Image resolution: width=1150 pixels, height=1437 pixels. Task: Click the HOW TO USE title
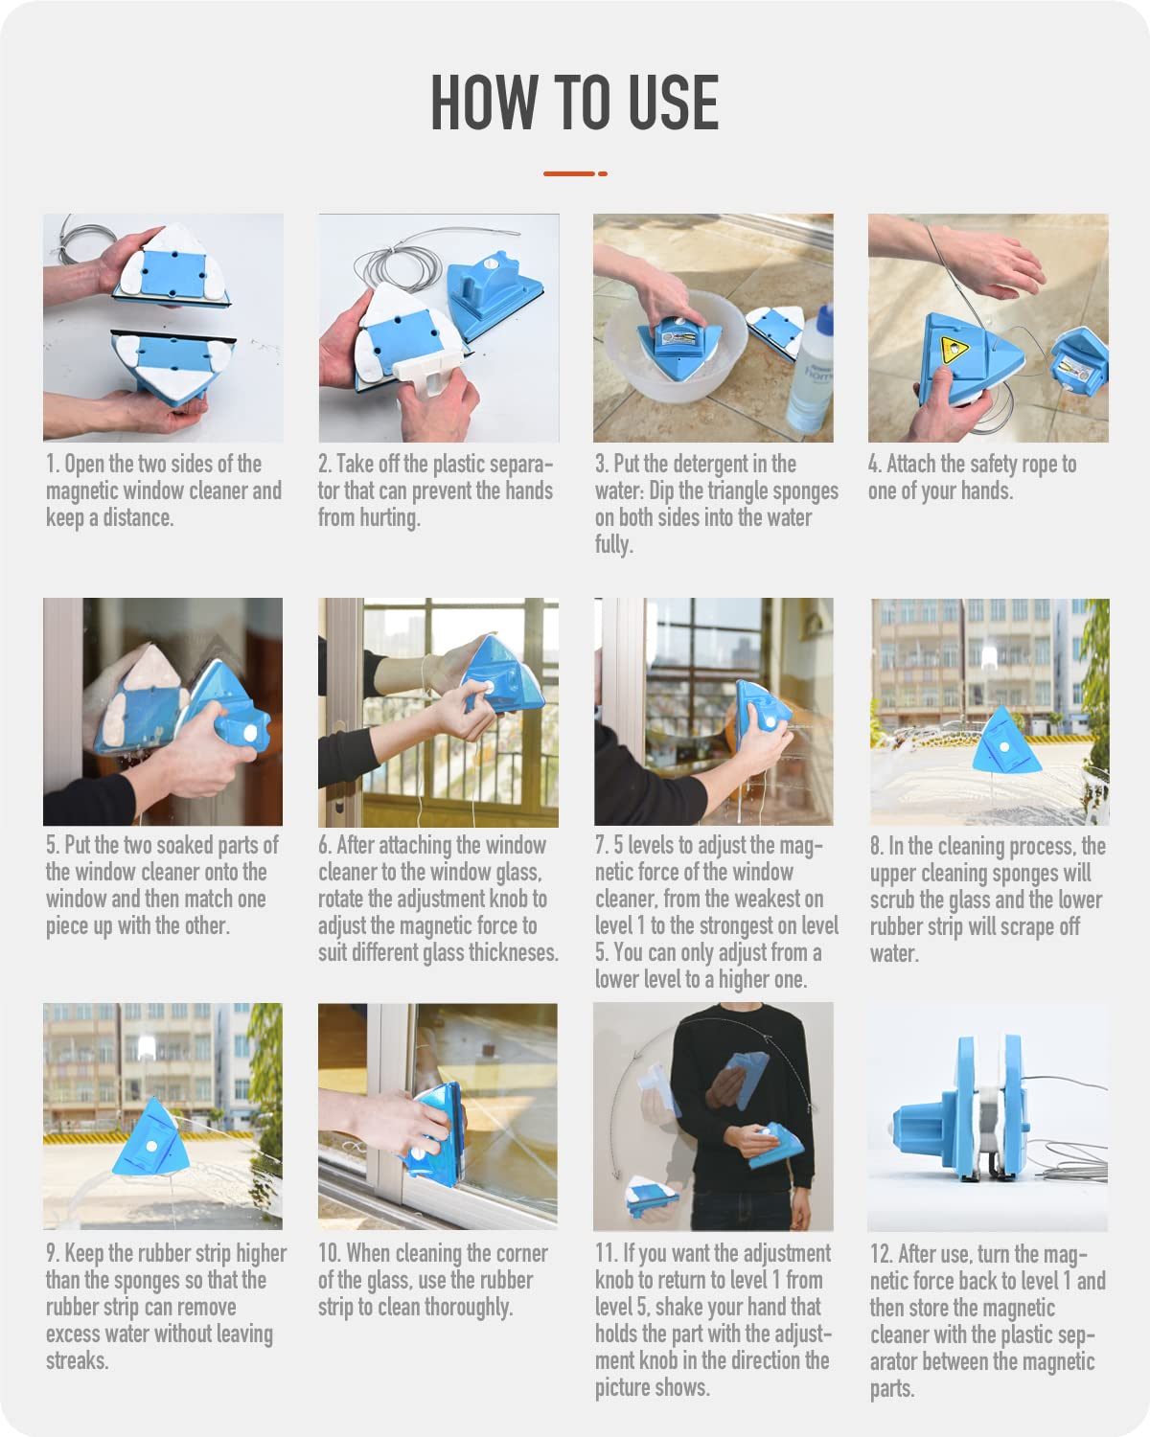(574, 103)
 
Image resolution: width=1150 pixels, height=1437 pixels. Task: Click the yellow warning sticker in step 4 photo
(952, 349)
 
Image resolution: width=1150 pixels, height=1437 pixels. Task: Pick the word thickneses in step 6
(512, 953)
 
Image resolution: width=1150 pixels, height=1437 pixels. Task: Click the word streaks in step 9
(75, 1361)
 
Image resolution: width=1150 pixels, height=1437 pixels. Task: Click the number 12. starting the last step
(881, 1255)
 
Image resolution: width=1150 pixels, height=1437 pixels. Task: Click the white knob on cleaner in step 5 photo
(252, 732)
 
